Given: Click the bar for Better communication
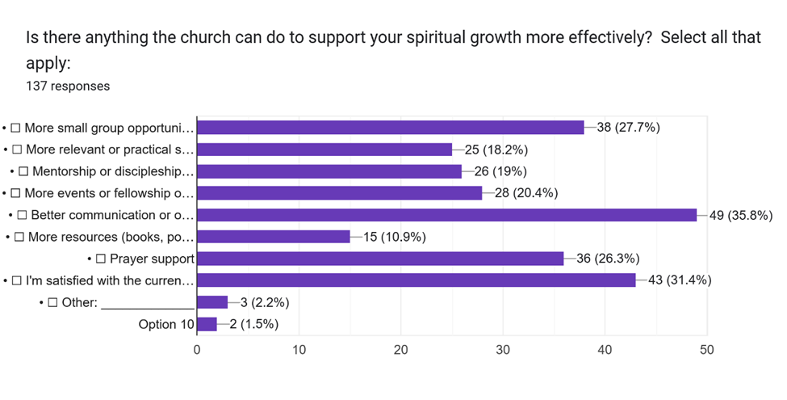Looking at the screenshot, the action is [446, 215].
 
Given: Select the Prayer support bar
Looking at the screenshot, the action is [380, 259].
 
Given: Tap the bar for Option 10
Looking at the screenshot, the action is [207, 324].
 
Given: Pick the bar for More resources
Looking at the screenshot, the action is [274, 237].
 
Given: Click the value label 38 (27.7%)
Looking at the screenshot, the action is [629, 128].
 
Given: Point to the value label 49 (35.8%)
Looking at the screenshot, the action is [741, 216].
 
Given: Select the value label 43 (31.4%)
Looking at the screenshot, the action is [680, 280].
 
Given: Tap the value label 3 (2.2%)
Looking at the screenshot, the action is [265, 302].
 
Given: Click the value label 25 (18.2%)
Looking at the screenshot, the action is [496, 149].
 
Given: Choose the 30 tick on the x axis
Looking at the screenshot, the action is [503, 350].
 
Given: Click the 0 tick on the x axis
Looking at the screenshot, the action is [197, 350].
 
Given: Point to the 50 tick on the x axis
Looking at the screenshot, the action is [707, 350].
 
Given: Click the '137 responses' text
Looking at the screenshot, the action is [68, 86].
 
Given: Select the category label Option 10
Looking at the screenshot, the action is [166, 325].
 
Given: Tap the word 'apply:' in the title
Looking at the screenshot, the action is [48, 64].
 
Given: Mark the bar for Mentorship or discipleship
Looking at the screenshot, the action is [329, 171].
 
